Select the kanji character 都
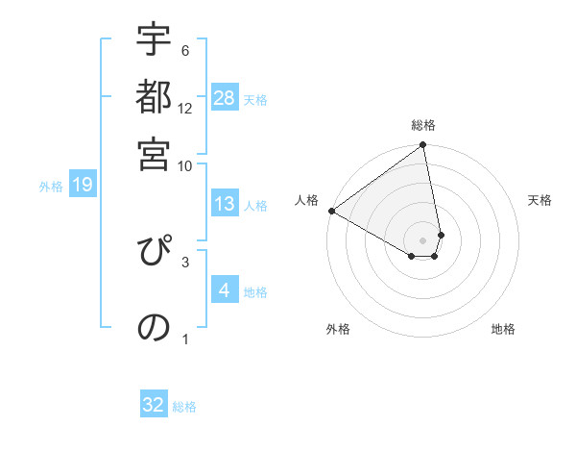(154, 99)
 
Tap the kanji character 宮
(154, 153)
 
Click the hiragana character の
(154, 327)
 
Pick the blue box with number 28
(225, 98)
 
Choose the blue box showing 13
(225, 204)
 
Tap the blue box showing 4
(225, 290)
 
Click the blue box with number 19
(83, 186)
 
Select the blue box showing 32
(154, 405)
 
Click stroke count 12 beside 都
(185, 109)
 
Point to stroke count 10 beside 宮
(185, 165)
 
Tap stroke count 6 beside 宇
(185, 50)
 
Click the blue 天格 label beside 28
(255, 99)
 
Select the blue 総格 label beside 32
(184, 407)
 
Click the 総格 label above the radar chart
(423, 125)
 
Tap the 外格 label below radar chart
(338, 329)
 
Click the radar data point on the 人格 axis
(331, 211)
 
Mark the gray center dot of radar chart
(422, 239)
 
